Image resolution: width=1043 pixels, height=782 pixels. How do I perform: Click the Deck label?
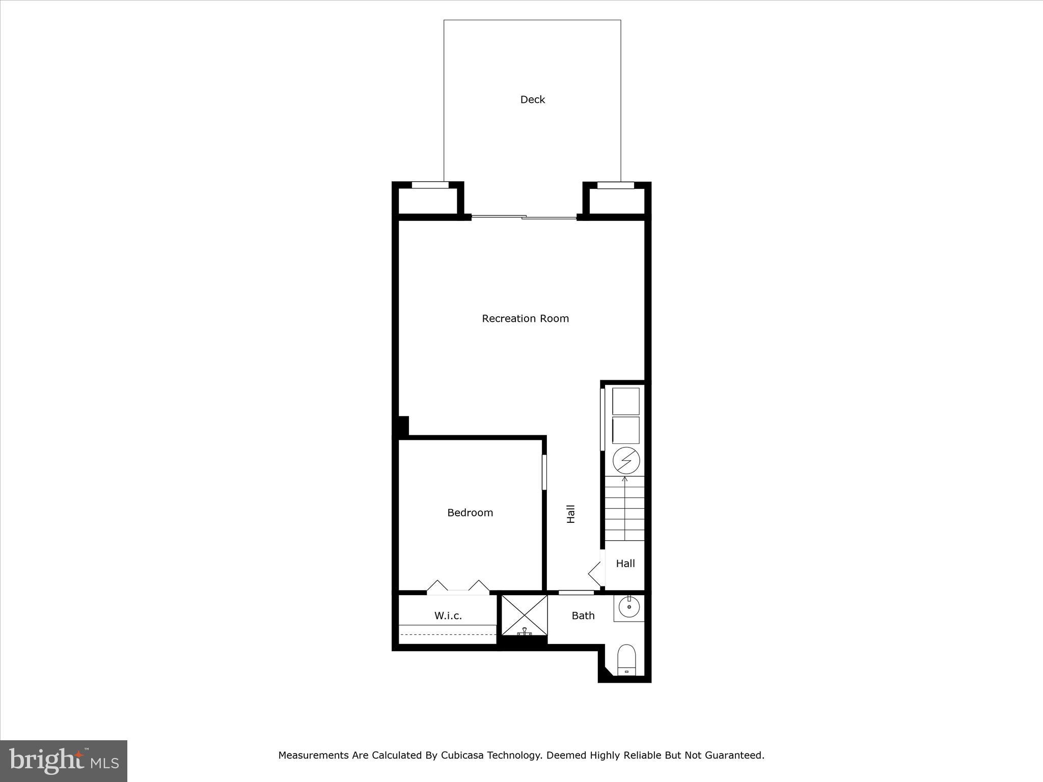(x=532, y=100)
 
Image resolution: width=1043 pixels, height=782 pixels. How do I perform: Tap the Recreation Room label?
(x=525, y=319)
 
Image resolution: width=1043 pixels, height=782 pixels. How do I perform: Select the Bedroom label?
(x=470, y=513)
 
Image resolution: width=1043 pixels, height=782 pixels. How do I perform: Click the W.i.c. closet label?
(x=448, y=616)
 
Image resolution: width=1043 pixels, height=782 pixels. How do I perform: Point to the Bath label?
(x=583, y=616)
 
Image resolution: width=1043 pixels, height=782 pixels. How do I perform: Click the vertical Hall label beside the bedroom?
(x=571, y=514)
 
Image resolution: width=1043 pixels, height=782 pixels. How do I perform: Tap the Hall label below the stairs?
(x=625, y=564)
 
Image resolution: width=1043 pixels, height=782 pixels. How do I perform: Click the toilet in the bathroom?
(x=626, y=660)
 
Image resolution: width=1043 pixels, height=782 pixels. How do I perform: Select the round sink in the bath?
(x=629, y=607)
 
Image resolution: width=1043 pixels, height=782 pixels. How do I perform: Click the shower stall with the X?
(x=525, y=615)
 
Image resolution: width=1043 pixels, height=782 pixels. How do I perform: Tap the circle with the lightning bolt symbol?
(x=626, y=460)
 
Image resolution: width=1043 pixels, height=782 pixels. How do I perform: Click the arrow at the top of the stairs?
(x=625, y=480)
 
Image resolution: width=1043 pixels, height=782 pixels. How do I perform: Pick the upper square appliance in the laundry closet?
(x=625, y=401)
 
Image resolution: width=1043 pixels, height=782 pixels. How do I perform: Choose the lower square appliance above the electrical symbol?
(x=625, y=430)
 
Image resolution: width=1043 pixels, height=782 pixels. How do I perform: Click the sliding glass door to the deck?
(x=524, y=217)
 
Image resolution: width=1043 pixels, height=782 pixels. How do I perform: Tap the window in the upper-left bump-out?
(x=430, y=185)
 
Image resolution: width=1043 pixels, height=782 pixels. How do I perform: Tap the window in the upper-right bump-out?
(x=615, y=185)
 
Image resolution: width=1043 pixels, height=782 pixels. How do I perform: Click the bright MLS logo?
(x=64, y=761)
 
